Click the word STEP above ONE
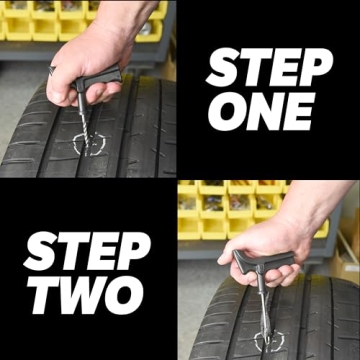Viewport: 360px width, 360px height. (269, 70)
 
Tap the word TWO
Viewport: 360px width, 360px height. (86, 292)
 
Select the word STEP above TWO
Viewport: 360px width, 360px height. (87, 251)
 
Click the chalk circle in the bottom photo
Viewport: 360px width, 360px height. (268, 340)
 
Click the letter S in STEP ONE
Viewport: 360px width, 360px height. (221, 70)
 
